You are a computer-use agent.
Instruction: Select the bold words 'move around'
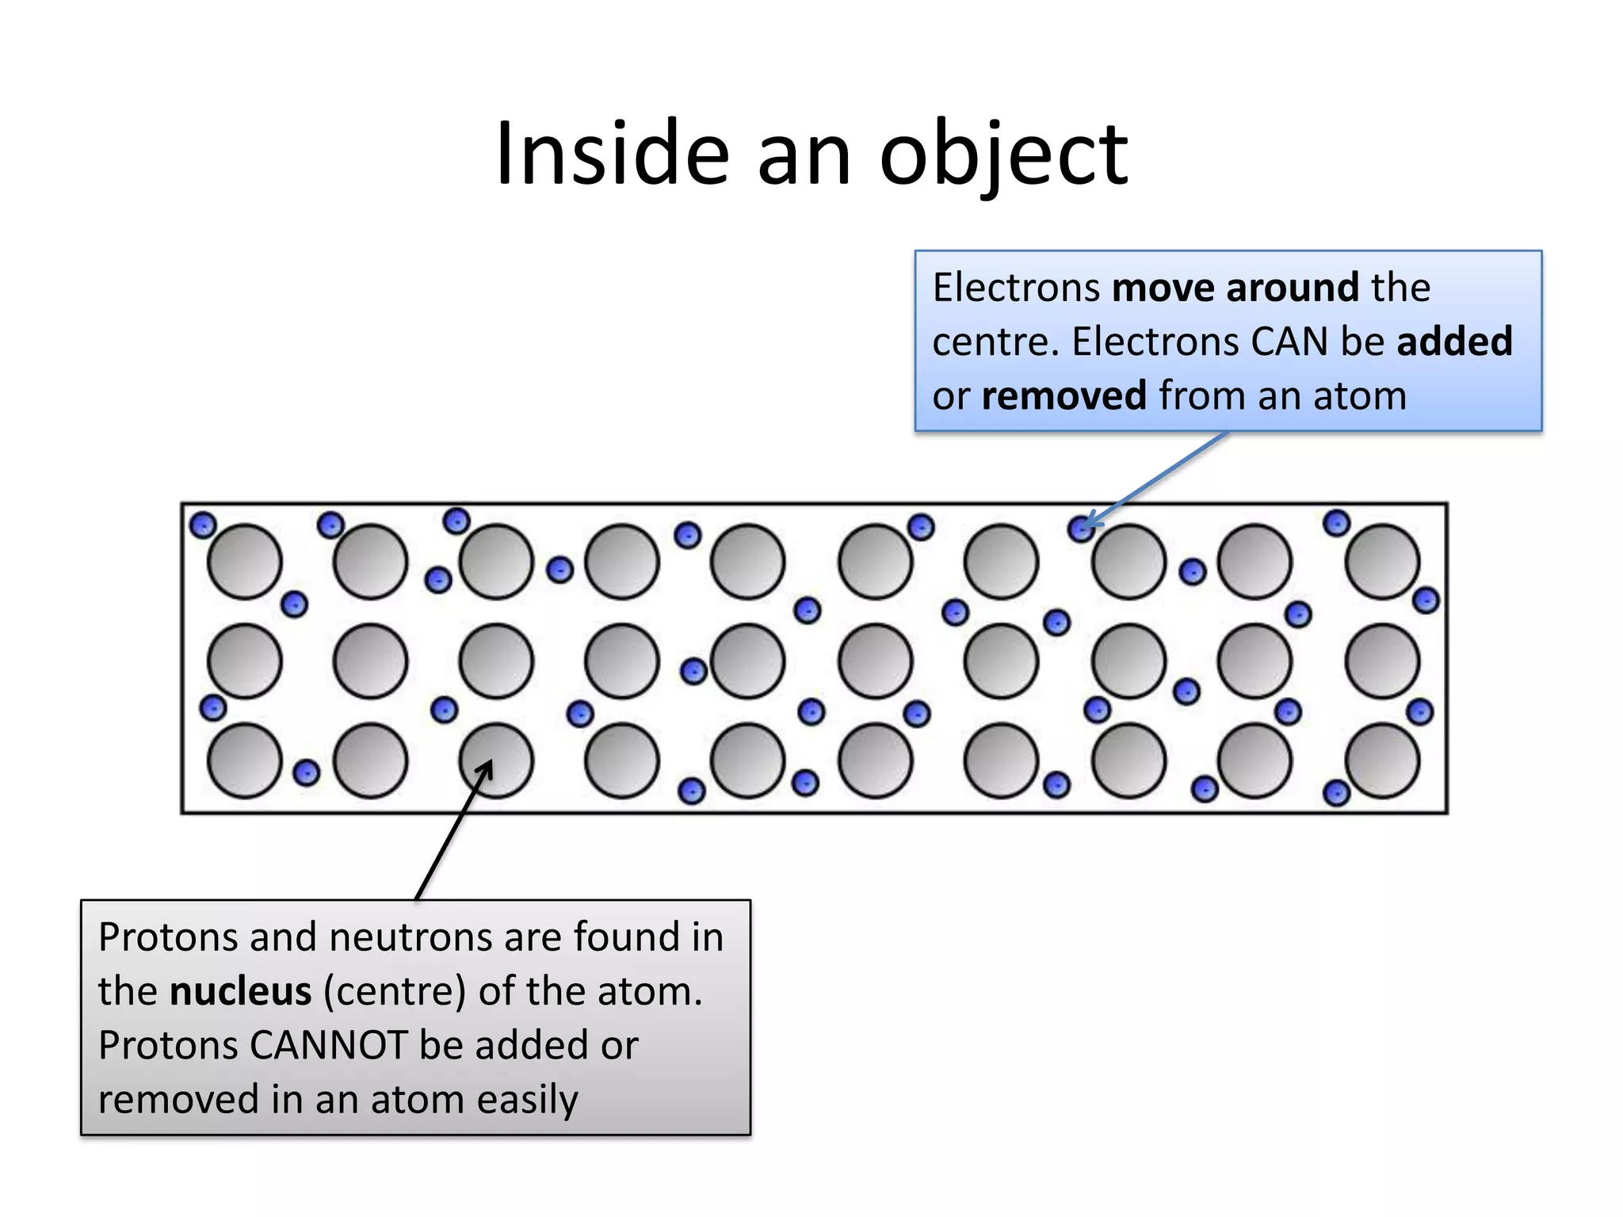1235,287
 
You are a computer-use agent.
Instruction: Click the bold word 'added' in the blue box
1454,341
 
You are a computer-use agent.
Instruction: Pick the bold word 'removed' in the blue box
1064,395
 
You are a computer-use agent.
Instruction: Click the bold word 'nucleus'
240,991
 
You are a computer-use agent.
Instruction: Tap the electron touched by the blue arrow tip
1081,528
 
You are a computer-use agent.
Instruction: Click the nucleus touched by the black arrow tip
497,761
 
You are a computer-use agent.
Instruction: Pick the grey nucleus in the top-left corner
244,562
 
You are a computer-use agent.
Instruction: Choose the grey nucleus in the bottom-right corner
1382,761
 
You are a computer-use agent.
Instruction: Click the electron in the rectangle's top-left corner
203,525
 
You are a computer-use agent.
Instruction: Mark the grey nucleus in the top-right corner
1382,562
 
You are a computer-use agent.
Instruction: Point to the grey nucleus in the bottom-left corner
244,761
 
